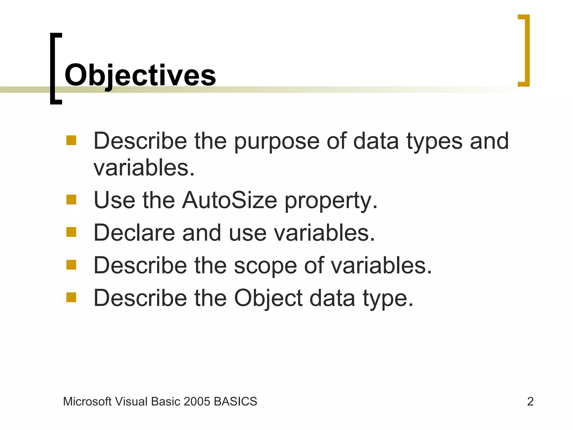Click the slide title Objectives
point(140,75)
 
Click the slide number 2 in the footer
point(530,401)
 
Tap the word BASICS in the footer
point(235,401)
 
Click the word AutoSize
point(229,200)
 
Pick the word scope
point(265,266)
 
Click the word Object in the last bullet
point(268,298)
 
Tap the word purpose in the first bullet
point(276,141)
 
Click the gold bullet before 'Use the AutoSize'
point(71,200)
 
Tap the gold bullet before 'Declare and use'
point(71,232)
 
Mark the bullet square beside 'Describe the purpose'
point(71,140)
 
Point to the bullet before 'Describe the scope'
point(71,265)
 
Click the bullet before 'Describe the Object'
point(71,297)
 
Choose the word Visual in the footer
point(131,401)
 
